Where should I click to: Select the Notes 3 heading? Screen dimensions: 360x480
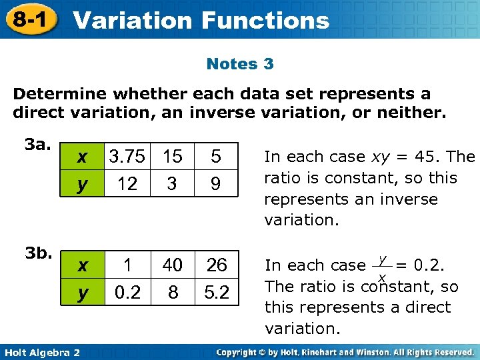click(x=240, y=64)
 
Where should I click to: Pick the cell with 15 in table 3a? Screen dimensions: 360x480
click(x=172, y=157)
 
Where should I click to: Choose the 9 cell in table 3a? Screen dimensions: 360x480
click(x=215, y=183)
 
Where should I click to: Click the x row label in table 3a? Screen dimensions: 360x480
click(x=82, y=157)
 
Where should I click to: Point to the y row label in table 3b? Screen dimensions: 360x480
click(x=82, y=293)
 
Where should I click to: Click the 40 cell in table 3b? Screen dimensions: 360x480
click(x=172, y=265)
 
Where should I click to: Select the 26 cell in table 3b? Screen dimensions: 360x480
click(x=216, y=265)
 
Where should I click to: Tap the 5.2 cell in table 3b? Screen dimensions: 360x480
click(x=216, y=293)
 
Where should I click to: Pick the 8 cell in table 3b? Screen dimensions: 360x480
click(x=172, y=293)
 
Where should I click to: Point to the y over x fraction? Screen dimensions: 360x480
click(x=383, y=266)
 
